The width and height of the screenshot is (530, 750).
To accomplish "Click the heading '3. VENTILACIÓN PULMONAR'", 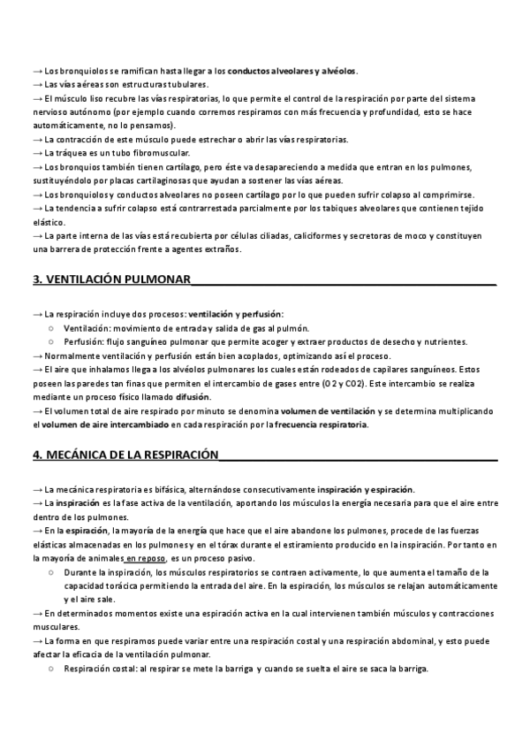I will click(x=112, y=279).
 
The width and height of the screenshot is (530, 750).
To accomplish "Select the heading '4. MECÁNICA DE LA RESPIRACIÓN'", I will click(x=125, y=455).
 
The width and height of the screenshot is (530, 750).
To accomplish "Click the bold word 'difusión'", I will click(x=193, y=398).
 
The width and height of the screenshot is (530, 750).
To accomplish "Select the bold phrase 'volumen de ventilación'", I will click(x=328, y=411).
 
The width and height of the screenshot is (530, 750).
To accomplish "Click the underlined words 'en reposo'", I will click(x=145, y=559).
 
